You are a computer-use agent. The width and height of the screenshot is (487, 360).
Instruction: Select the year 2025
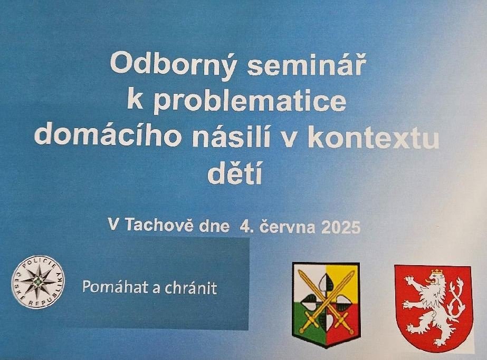tap(341, 228)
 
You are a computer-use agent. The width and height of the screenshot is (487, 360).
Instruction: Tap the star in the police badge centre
tap(38, 281)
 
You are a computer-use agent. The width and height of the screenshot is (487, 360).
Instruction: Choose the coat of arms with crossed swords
tap(326, 305)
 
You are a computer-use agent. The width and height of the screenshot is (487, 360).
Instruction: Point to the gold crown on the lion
tap(436, 272)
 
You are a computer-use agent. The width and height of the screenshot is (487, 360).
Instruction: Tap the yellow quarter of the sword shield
tap(343, 281)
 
